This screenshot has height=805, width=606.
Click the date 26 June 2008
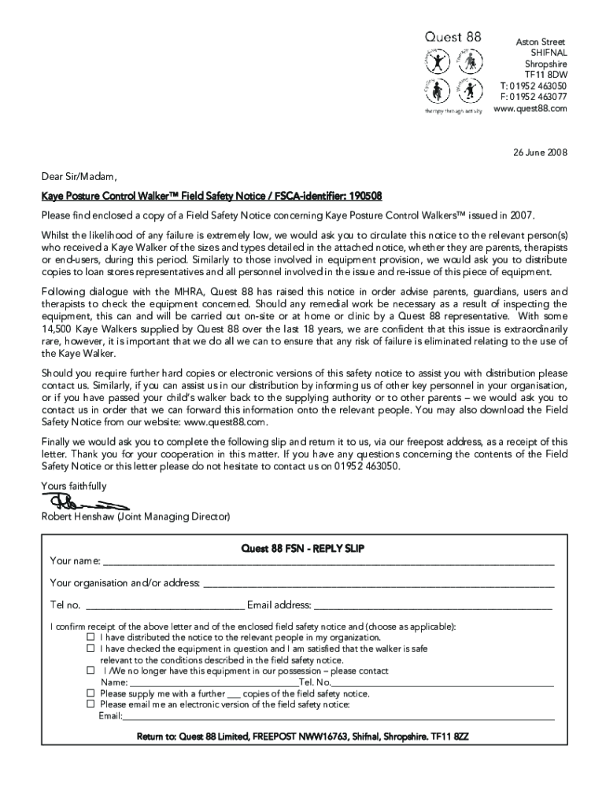pos(536,152)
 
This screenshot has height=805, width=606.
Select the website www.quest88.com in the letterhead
pos(530,108)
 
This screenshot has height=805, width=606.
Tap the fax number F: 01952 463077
pos(533,97)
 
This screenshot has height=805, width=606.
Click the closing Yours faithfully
pos(73,486)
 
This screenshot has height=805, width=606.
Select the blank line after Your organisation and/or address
pos(379,584)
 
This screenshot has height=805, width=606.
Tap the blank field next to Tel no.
pos(164,606)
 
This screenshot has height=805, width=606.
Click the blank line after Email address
pos(433,606)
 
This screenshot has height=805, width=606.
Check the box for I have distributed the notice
pos(91,638)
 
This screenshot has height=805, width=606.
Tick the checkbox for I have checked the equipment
pos(91,649)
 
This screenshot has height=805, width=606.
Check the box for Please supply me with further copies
pos(91,694)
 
